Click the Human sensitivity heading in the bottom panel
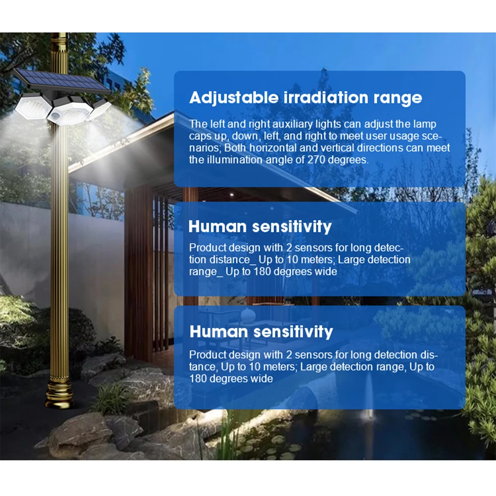click(x=261, y=331)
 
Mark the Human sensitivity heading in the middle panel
click(x=260, y=227)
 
